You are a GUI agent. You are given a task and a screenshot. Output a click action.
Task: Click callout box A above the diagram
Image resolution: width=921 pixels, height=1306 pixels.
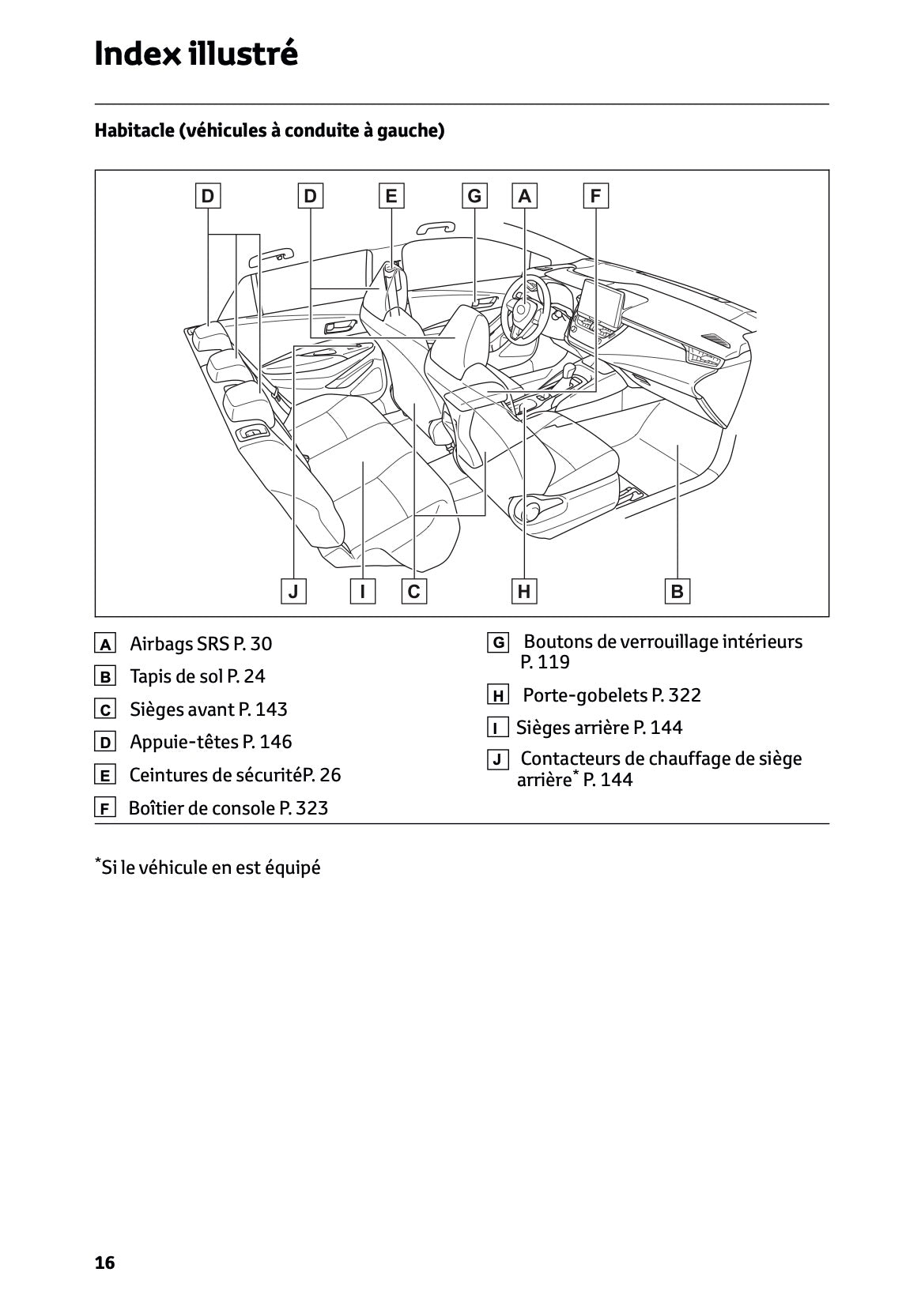coord(524,195)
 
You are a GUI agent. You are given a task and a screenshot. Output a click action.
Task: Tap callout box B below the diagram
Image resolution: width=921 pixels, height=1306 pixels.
coord(678,591)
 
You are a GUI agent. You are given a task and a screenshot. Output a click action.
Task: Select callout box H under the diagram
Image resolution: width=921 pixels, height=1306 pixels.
coord(524,591)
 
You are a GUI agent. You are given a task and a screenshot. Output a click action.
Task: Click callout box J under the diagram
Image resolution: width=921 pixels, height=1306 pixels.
coord(293,591)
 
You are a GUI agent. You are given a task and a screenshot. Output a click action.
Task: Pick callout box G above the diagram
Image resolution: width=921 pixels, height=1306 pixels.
coord(474,195)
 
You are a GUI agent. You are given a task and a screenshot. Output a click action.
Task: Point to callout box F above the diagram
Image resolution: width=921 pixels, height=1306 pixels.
coord(595,195)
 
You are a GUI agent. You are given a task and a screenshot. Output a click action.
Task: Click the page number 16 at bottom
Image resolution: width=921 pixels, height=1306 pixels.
coord(104,1263)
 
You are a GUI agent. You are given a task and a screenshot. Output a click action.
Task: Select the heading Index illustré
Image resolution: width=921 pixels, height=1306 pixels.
coord(196,55)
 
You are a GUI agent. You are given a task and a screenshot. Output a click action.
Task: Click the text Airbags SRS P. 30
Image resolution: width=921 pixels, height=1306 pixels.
coord(201,644)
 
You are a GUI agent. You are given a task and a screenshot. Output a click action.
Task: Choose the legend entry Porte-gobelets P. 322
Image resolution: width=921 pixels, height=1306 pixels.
coord(612,695)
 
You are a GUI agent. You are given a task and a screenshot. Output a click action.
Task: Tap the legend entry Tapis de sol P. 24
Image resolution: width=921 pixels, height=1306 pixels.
coord(198,676)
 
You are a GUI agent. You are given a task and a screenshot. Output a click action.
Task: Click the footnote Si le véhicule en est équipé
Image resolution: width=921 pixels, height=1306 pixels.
coord(210,868)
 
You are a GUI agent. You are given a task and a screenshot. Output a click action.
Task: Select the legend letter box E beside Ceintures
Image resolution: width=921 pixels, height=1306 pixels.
coord(104,776)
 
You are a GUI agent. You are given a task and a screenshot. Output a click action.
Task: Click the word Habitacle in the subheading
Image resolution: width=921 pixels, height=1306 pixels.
coord(134,130)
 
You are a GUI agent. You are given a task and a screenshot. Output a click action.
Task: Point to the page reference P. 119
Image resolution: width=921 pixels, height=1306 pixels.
coord(545,662)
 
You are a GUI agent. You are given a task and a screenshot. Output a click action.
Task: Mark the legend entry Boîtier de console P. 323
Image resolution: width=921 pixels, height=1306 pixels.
coord(228,808)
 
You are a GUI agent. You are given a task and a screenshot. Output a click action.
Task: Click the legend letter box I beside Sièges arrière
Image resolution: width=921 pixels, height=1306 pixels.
coord(497,728)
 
